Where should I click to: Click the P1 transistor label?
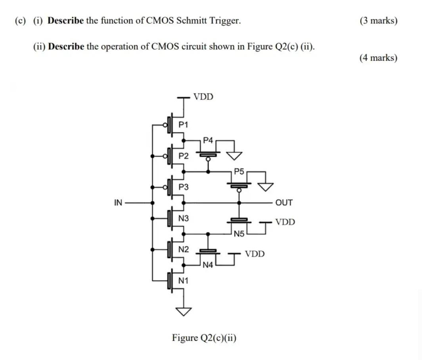(183, 124)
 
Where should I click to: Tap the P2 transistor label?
(183, 156)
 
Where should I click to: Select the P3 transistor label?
(183, 187)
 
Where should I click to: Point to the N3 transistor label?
(183, 218)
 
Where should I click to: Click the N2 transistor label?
(183, 249)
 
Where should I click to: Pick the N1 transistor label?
(183, 281)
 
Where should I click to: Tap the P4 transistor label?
(208, 140)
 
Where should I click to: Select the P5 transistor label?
(239, 171)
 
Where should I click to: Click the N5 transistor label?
(239, 234)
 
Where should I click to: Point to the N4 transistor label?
(208, 265)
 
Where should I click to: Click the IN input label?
(118, 203)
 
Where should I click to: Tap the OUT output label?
(284, 203)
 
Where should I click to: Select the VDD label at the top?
(203, 97)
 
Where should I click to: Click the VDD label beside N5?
(285, 222)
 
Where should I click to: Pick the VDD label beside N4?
(254, 254)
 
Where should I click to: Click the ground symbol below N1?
(183, 312)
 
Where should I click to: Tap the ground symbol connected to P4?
(234, 156)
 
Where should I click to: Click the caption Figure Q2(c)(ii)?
(204, 338)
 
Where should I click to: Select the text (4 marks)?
(378, 58)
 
